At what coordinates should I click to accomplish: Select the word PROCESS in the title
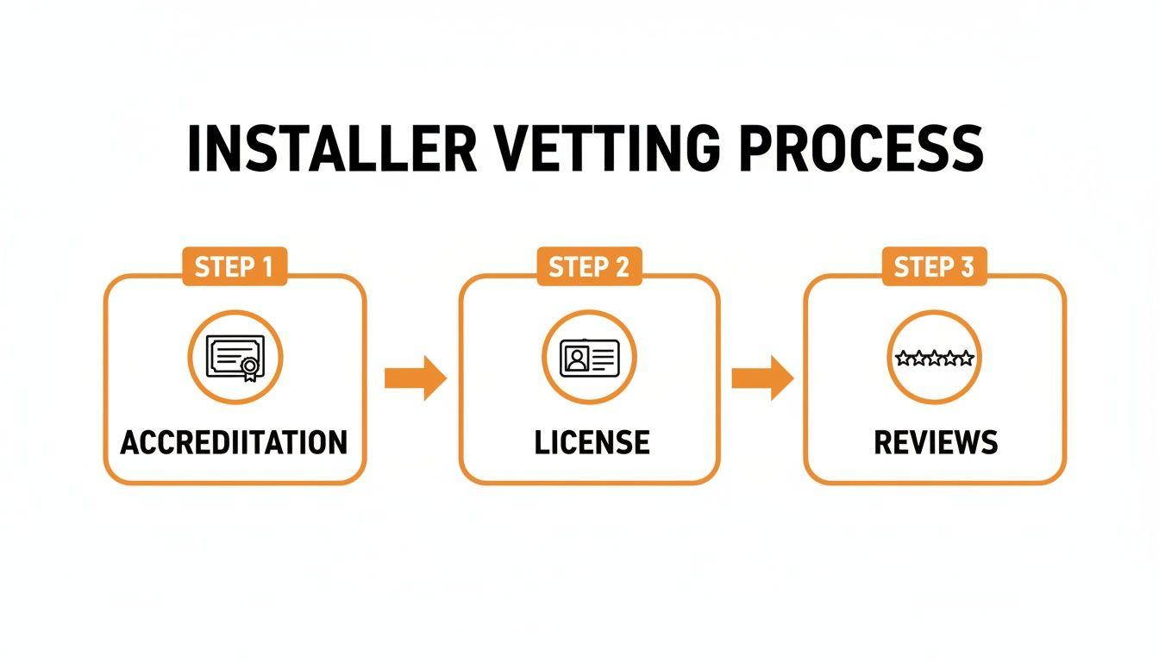(x=861, y=150)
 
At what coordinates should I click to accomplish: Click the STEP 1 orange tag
(x=234, y=267)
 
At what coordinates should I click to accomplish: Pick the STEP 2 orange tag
(x=589, y=267)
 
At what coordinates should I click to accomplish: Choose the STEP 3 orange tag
(x=934, y=267)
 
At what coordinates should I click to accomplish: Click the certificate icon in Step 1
(x=235, y=357)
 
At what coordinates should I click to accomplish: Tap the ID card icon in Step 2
(x=589, y=357)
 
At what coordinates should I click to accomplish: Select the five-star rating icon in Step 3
(x=934, y=357)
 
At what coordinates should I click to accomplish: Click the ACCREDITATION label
(x=234, y=442)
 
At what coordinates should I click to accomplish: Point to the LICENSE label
(x=592, y=442)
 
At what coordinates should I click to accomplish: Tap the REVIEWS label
(x=936, y=442)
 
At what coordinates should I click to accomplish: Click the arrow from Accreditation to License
(x=415, y=378)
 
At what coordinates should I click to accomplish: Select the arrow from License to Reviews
(x=762, y=378)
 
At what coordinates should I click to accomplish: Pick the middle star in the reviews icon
(x=934, y=357)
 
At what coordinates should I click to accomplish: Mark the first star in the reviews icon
(x=903, y=357)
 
